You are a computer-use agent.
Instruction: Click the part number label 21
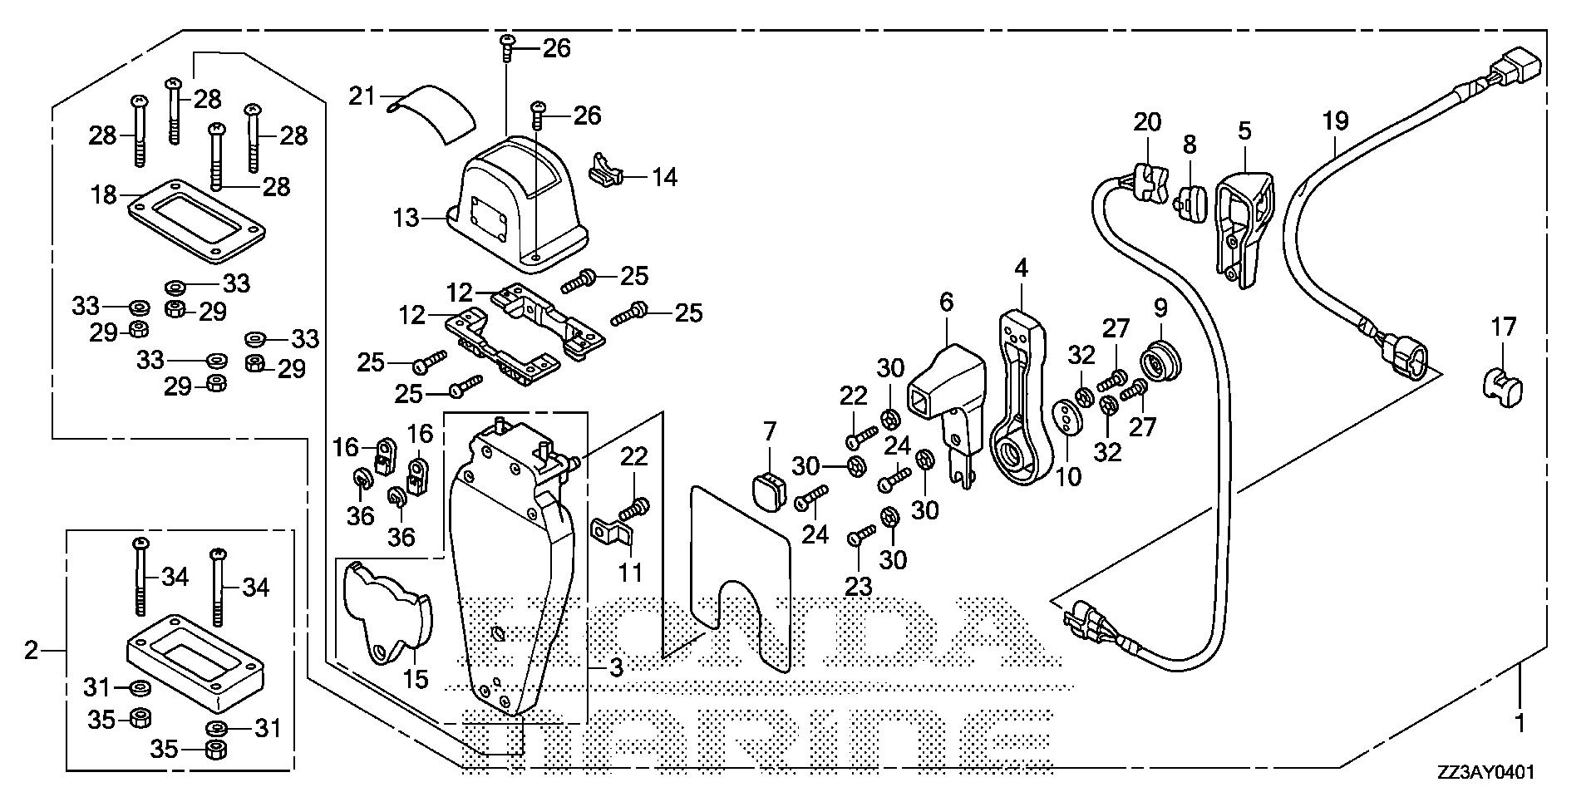tap(362, 96)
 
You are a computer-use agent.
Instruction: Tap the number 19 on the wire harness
tap(1335, 121)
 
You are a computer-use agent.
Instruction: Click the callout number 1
tap(1520, 724)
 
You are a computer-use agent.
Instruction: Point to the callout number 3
tap(615, 667)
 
